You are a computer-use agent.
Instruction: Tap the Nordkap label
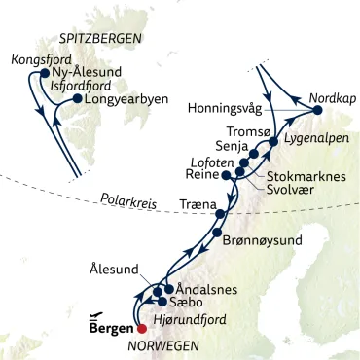click(334, 98)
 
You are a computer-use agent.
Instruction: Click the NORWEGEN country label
click(164, 346)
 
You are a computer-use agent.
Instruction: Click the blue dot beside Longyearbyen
click(77, 98)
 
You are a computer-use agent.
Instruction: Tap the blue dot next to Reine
click(225, 176)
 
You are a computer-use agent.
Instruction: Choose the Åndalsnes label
click(206, 289)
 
